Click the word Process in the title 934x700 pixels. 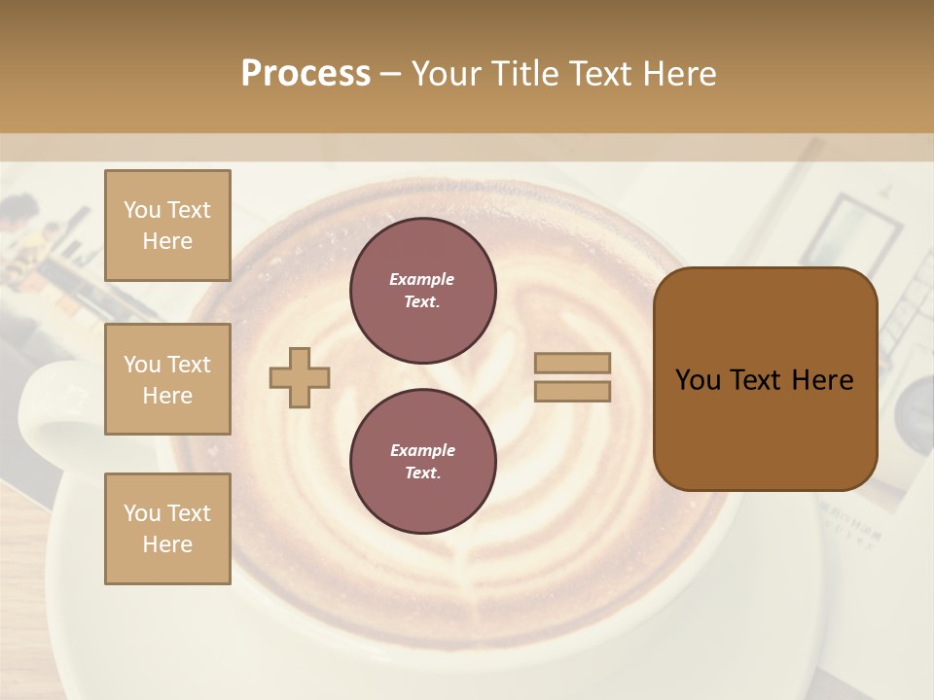click(x=305, y=74)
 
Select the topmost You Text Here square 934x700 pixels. click(x=167, y=226)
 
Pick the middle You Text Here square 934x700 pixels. click(x=167, y=379)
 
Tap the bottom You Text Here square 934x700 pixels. click(x=167, y=529)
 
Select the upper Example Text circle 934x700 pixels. click(x=422, y=291)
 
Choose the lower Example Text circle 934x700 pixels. click(x=422, y=462)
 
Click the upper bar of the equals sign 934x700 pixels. click(x=572, y=363)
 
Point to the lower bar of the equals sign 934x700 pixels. click(x=572, y=392)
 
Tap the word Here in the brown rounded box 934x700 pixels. click(x=822, y=380)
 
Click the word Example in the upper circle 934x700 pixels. click(x=422, y=280)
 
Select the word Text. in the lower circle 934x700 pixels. click(x=422, y=473)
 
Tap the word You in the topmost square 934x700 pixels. click(x=142, y=210)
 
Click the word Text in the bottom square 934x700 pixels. click(x=190, y=513)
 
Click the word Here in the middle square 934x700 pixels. click(x=167, y=396)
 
